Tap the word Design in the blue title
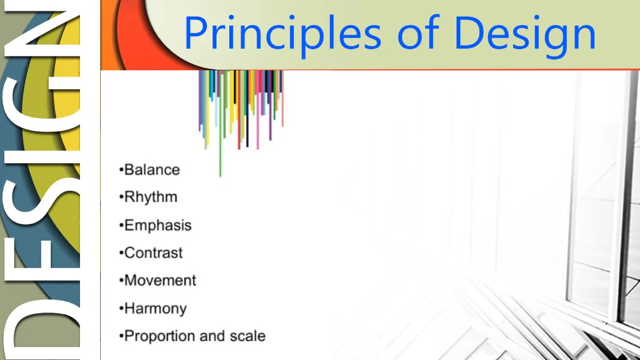pos(525,34)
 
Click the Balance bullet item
pos(152,170)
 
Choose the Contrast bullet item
pos(153,253)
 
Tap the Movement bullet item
pos(160,280)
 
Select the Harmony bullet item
pos(155,308)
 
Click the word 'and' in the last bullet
pos(212,336)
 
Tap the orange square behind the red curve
pos(108,34)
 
